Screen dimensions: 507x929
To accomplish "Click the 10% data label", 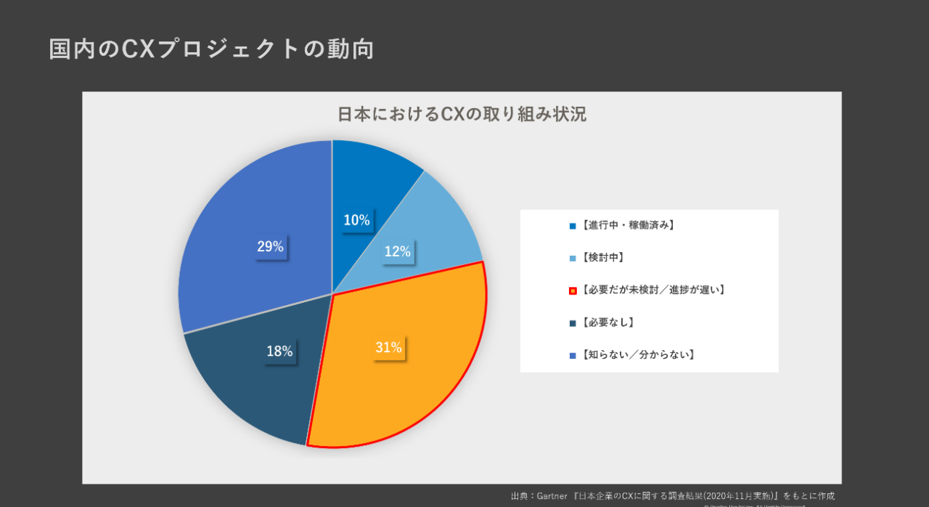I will [356, 220].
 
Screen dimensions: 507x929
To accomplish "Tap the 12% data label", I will [397, 252].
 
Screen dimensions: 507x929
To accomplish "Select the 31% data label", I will [388, 348].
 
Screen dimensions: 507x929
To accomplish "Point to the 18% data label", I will [279, 352].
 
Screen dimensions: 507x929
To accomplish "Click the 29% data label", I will [270, 246].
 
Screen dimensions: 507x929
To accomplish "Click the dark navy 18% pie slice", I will [247, 385].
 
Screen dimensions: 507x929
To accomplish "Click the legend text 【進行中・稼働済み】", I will [629, 225].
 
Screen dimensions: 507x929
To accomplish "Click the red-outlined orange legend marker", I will [573, 291].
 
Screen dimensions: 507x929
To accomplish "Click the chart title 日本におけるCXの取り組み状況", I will [462, 115].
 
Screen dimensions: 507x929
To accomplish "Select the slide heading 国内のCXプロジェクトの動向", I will [211, 49].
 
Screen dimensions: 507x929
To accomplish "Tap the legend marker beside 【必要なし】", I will [573, 323].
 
